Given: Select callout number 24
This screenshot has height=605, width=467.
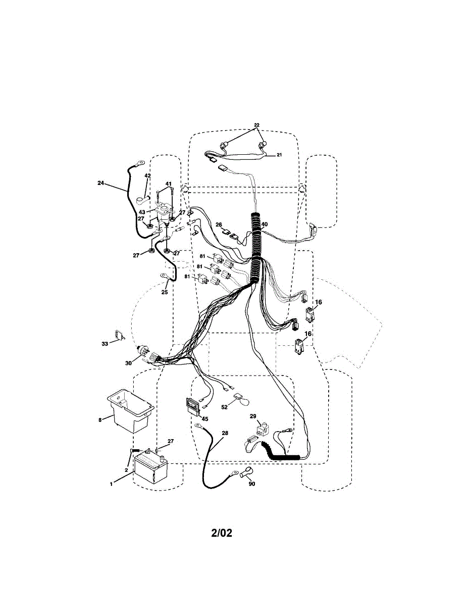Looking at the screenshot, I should (101, 184).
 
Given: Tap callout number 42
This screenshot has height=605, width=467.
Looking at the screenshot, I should (147, 176).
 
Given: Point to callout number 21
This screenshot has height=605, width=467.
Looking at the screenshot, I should (279, 155).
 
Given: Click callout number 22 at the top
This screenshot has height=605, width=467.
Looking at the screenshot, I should (256, 125).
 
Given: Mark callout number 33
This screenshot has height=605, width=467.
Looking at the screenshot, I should (105, 344).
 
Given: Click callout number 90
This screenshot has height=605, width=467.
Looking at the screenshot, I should (251, 484).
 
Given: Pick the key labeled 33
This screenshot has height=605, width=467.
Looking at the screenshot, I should (119, 335).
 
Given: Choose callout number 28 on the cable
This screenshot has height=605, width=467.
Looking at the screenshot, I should (225, 434).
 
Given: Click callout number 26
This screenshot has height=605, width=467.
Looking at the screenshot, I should (219, 225).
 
